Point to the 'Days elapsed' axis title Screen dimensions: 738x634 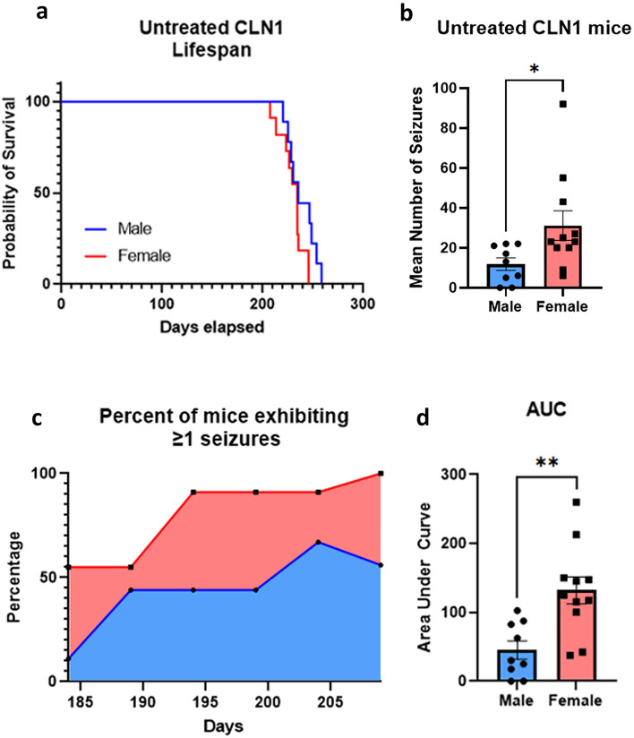211,327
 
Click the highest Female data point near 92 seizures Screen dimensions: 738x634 562,105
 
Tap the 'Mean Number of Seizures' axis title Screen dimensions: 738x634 415,187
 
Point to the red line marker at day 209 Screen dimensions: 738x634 381,473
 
